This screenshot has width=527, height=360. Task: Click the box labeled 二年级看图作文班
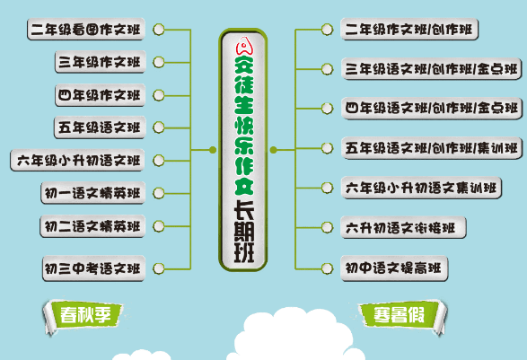[86, 30]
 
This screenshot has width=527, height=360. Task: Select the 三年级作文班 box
[99, 62]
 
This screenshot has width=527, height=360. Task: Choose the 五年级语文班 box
[99, 127]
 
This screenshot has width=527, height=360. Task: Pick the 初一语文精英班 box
[92, 193]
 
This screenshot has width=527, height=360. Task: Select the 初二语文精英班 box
[92, 224]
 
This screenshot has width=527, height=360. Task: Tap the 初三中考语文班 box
[92, 268]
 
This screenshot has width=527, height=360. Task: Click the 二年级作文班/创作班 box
[409, 30]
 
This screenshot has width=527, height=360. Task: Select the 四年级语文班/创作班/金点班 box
[431, 109]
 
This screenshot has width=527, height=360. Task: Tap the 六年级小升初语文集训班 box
[421, 188]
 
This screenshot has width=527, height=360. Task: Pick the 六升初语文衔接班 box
[403, 228]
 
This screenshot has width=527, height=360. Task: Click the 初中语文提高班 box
[394, 268]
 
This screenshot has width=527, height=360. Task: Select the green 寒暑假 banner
[397, 314]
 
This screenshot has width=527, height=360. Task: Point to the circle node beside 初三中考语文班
[159, 268]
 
